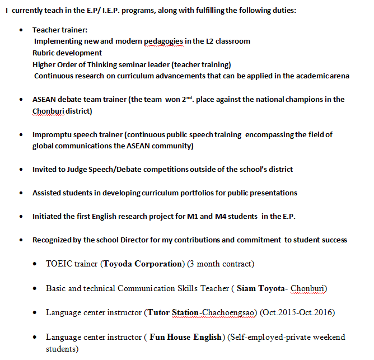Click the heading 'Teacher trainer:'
[60, 30]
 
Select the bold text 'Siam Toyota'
[261, 288]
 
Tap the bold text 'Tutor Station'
[173, 312]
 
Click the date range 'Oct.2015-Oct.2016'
[298, 312]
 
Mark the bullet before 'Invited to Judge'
[21, 170]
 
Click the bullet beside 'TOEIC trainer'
[35, 264]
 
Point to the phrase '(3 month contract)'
[221, 263]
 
